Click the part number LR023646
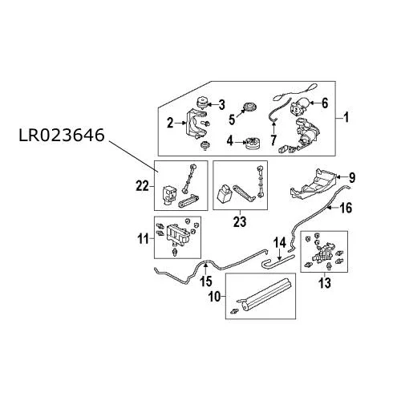[62, 136]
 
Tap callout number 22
[142, 186]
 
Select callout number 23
[240, 221]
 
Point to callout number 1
[346, 118]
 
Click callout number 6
[325, 103]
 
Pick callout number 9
[352, 177]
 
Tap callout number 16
[346, 208]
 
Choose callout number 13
[325, 283]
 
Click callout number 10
[215, 297]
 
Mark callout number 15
[206, 282]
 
